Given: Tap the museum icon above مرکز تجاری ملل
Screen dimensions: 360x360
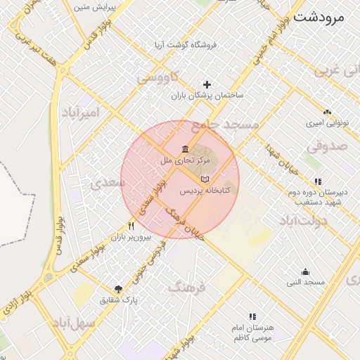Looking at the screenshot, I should pos(185,149).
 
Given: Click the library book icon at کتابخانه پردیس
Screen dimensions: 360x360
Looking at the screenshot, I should pos(204,180).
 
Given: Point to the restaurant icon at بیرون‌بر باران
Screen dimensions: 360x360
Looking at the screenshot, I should pos(131,226).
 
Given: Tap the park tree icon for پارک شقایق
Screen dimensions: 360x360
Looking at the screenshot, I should pos(118,289).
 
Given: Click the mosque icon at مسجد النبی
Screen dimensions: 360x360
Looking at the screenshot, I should pos(305,271).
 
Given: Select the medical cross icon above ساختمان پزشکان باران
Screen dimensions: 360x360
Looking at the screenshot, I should pos(207,84).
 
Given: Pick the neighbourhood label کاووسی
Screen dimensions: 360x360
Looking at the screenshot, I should pos(157,77).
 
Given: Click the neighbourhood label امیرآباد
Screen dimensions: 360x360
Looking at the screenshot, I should pos(81,112).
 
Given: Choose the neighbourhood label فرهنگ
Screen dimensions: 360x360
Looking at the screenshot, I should pos(186,288).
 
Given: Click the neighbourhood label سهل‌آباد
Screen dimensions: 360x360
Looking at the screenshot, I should pos(73,324).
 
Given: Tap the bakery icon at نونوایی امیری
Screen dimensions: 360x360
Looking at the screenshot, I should pos(327,112).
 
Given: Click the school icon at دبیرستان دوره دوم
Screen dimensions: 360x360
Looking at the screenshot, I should pos(318,181).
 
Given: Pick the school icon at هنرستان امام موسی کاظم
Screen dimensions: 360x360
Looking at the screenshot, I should pos(252,317).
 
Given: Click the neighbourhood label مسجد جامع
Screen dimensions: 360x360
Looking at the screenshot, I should pos(225,125).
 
